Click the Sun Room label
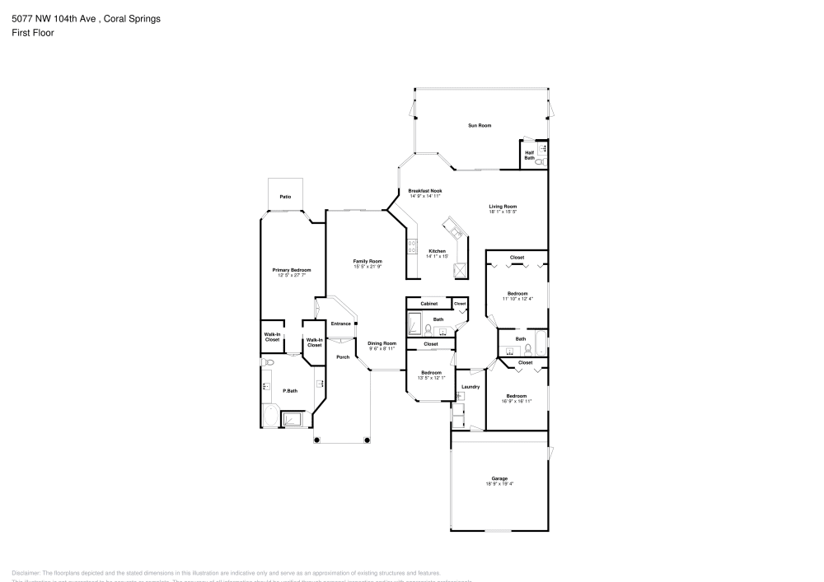[x=480, y=125]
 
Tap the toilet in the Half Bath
[x=539, y=163]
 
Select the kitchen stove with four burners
[x=410, y=244]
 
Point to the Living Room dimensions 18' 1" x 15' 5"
[x=503, y=212]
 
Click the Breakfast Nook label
[x=425, y=190]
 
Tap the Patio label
[x=285, y=197]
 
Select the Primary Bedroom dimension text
[x=292, y=275]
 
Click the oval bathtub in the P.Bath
[x=270, y=416]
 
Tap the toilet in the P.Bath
[x=268, y=362]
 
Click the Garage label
[x=499, y=478]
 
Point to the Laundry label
[x=471, y=386]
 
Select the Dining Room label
[x=382, y=343]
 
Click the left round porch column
[x=316, y=440]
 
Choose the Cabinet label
[x=429, y=304]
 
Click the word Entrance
[x=341, y=324]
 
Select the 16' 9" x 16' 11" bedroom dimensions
[x=517, y=402]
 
